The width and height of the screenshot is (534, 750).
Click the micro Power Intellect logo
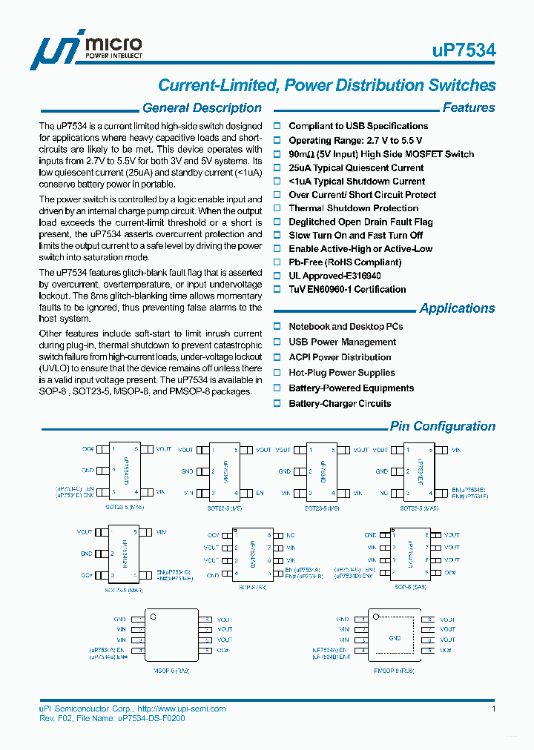85,50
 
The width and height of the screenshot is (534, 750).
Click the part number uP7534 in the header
464,50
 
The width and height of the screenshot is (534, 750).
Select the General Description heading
202,108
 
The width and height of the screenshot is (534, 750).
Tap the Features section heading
468,108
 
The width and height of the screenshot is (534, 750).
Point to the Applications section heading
457,308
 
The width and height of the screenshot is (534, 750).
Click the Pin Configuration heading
443,426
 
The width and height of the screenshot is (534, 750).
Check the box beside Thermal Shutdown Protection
277,208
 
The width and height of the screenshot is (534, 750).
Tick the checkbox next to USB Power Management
277,342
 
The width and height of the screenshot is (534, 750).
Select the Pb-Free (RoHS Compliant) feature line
345,262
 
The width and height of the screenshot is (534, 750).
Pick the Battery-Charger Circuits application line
340,403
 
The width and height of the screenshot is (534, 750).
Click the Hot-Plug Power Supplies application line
341,373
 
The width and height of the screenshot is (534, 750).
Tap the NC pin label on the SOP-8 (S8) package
290,534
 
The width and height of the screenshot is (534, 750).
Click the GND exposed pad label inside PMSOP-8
395,637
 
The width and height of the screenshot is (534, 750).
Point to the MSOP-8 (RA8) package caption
171,670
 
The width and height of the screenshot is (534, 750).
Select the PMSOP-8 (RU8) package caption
394,670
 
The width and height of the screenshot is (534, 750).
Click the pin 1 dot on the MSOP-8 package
154,615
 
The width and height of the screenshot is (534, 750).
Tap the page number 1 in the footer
493,708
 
